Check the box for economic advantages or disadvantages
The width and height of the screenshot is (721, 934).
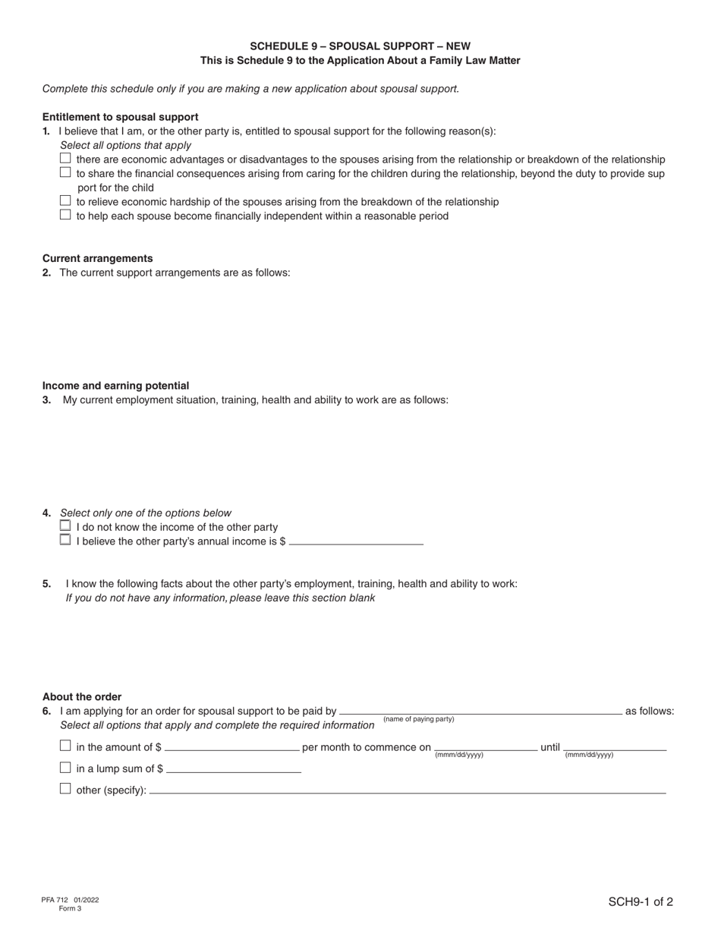click(x=65, y=158)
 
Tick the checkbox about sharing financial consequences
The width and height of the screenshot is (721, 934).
click(x=65, y=172)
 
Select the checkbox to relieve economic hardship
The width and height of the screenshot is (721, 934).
click(x=65, y=200)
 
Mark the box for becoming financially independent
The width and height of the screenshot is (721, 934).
click(x=65, y=215)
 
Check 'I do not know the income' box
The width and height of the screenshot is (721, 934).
click(x=65, y=525)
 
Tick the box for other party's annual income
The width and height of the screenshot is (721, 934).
click(x=65, y=540)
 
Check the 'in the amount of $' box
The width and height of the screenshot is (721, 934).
click(x=65, y=746)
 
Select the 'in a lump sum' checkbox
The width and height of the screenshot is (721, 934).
click(x=65, y=767)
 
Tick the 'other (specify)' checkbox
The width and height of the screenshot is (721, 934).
click(x=65, y=788)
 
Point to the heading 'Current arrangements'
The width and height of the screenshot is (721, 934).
click(x=97, y=258)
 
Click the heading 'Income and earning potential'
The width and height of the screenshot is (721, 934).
click(x=115, y=386)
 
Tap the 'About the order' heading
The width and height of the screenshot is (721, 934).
click(x=82, y=696)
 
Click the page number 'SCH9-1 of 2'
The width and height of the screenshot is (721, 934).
click(x=640, y=902)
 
